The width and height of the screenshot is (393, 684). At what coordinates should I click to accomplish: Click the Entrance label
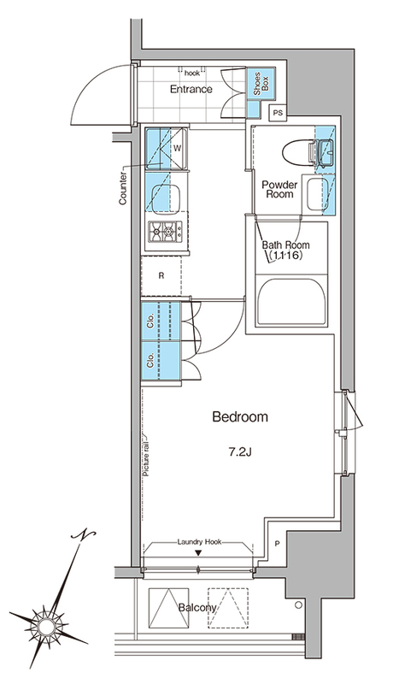[191, 89]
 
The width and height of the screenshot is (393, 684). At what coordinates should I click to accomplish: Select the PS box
[278, 113]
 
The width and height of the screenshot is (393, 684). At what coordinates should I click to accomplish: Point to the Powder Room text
[279, 189]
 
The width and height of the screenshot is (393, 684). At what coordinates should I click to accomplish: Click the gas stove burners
[165, 231]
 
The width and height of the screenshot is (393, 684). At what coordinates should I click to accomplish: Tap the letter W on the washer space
[177, 148]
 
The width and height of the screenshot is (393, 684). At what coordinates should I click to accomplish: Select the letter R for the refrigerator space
[161, 275]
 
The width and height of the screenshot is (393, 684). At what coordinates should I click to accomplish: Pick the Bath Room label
[286, 250]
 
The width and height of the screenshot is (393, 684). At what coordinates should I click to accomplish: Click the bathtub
[291, 302]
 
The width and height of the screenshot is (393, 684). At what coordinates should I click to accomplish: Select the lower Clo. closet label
[150, 360]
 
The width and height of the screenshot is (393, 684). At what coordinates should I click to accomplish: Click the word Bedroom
[240, 417]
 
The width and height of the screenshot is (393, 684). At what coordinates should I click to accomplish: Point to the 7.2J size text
[240, 452]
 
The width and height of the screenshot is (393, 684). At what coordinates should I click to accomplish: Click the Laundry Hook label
[199, 542]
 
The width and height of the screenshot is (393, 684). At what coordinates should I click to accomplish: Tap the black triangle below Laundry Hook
[198, 553]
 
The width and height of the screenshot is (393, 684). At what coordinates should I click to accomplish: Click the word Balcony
[197, 608]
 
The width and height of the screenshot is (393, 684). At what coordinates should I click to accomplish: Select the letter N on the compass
[84, 535]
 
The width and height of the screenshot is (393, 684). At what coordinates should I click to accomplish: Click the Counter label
[123, 188]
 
